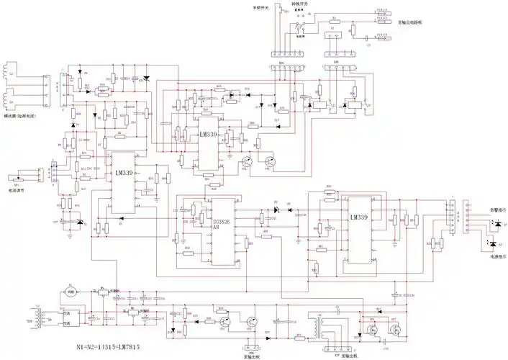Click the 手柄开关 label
(261, 7)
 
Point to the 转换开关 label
(300, 4)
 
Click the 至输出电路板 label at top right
(412, 22)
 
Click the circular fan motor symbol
(71, 291)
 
